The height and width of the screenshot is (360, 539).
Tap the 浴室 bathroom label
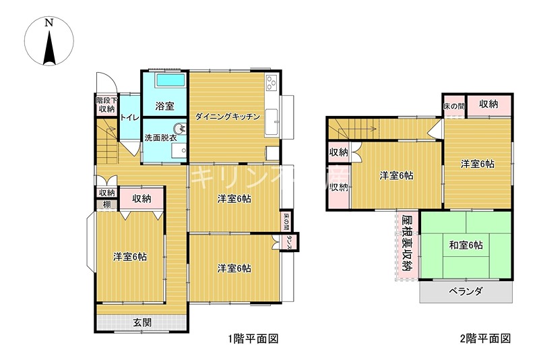[x=164, y=106]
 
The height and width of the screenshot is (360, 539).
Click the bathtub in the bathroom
[x=165, y=81]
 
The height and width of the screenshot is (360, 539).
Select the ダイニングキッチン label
[x=228, y=117]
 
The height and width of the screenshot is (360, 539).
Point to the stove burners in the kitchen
[x=271, y=84]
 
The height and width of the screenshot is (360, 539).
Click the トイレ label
[x=129, y=118]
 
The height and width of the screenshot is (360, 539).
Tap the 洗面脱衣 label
[x=160, y=138]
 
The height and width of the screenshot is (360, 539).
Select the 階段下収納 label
[x=106, y=104]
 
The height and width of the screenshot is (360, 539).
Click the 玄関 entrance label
[x=141, y=322]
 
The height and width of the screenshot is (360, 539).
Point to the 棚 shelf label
[x=106, y=204]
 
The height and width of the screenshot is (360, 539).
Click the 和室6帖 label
[x=466, y=245]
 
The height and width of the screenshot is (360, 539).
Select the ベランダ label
[x=466, y=291]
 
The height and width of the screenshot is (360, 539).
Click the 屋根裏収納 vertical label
[x=406, y=243]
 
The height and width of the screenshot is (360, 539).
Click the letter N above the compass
[x=49, y=22]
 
